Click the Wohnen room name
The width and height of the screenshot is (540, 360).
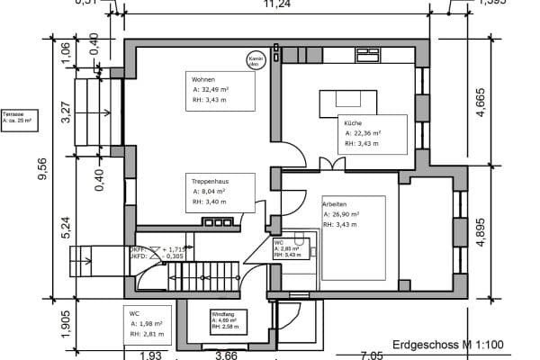point(202,80)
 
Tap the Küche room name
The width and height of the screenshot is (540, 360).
point(352,121)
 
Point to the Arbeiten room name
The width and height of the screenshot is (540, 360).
point(335,204)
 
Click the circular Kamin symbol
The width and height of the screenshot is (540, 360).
point(255,61)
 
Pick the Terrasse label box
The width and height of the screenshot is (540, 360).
point(17,117)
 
